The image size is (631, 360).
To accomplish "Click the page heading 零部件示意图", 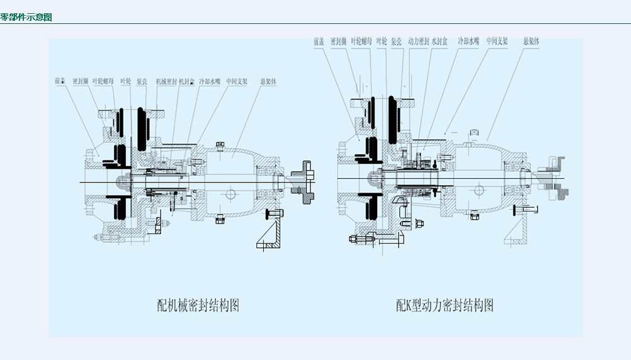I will [26, 17].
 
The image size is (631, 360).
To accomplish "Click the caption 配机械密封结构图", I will [198, 306].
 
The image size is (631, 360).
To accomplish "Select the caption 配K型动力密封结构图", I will [445, 306].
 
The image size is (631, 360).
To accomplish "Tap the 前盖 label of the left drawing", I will [60, 81].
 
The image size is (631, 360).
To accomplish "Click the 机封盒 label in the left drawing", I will [187, 81].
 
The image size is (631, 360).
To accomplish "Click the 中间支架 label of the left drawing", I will [237, 81].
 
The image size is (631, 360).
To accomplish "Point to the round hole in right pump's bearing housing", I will [479, 189].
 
